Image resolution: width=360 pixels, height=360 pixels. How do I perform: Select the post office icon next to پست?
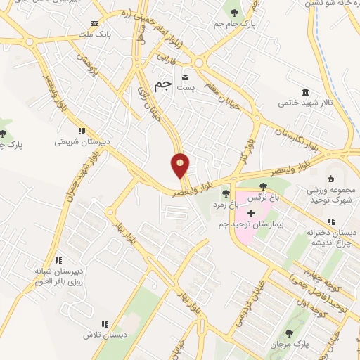[186, 75]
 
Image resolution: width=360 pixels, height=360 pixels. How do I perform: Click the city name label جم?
[163, 85]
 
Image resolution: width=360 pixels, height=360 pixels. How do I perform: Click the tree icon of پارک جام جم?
[233, 12]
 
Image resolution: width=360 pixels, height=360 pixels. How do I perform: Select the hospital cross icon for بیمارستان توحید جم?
[251, 212]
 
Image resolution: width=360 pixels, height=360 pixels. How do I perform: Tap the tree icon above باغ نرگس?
[263, 186]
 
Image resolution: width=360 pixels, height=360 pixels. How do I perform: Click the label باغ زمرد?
[228, 204]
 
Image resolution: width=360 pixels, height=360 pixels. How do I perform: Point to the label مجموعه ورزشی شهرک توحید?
[331, 195]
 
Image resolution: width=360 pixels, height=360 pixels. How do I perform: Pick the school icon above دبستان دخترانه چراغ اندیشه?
[331, 222]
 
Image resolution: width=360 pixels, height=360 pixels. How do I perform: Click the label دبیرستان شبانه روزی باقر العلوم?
[58, 276]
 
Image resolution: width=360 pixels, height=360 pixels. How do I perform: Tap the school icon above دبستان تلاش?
[104, 324]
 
